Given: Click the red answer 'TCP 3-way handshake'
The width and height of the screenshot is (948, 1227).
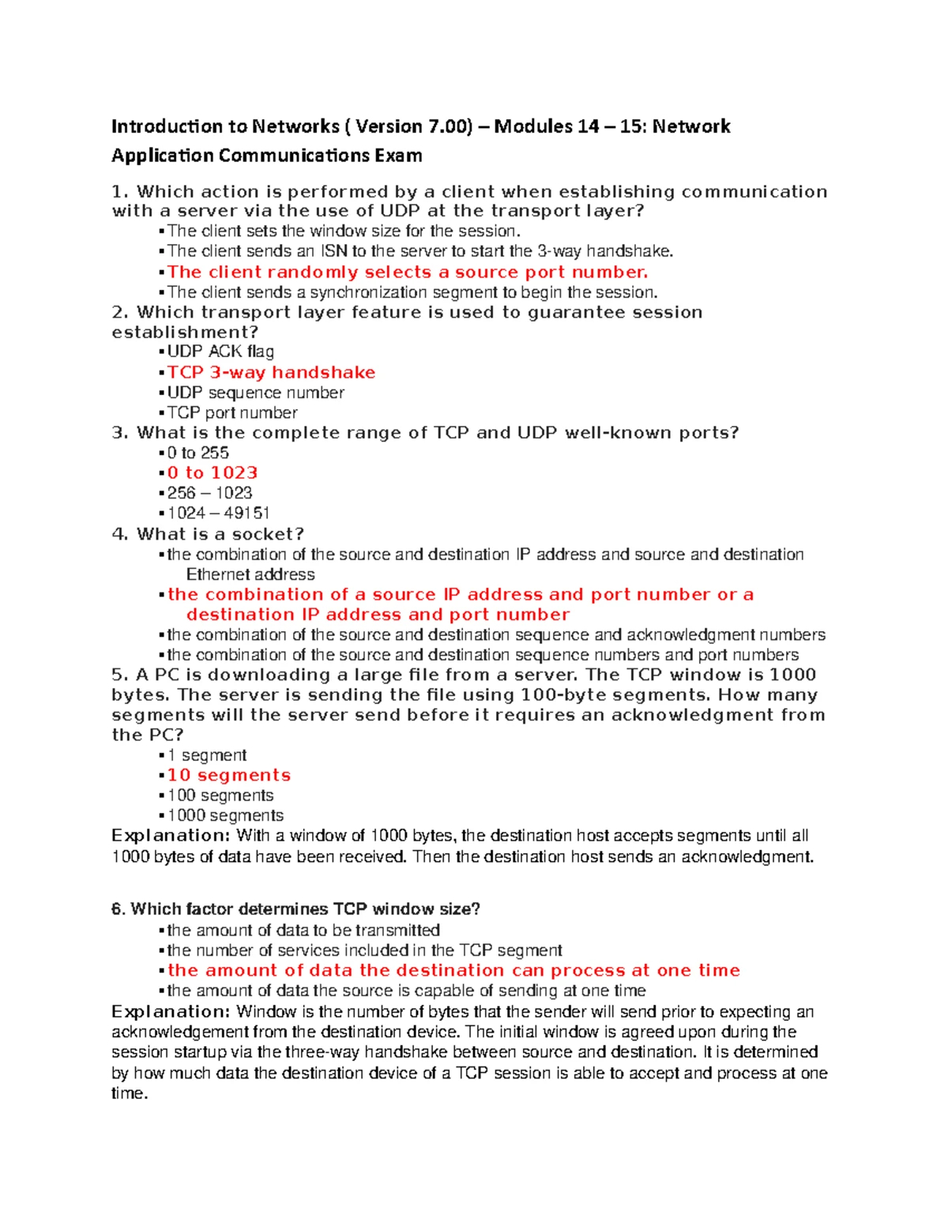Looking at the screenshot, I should (x=271, y=372).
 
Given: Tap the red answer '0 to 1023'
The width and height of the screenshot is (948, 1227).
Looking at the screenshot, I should (x=212, y=472).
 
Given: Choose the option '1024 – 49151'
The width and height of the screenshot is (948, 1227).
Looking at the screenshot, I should (x=218, y=513).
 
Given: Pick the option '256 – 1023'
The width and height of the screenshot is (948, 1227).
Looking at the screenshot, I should (x=209, y=493).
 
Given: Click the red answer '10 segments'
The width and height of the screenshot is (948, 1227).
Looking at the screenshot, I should (x=228, y=775).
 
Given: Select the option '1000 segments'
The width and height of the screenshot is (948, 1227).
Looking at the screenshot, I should (x=225, y=815).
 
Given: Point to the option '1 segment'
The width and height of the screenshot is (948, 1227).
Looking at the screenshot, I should (x=207, y=755).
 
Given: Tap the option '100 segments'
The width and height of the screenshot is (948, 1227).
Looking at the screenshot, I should (x=220, y=796).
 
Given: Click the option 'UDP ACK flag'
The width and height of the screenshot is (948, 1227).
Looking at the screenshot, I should (x=220, y=352).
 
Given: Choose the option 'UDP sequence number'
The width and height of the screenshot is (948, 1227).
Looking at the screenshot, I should (x=255, y=393).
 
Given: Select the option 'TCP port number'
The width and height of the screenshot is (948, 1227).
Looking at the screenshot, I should (x=232, y=412).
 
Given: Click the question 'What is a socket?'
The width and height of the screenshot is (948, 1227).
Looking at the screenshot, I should (x=209, y=534).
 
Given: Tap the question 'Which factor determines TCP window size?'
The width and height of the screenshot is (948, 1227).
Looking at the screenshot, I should (x=296, y=909).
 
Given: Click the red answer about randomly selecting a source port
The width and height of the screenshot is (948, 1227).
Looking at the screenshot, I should (x=407, y=272).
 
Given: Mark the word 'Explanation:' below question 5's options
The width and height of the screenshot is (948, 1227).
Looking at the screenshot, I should (x=171, y=836).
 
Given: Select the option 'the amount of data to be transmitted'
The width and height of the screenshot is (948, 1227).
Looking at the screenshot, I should (x=303, y=931).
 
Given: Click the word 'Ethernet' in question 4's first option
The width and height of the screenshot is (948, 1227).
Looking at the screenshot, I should (x=217, y=574).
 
